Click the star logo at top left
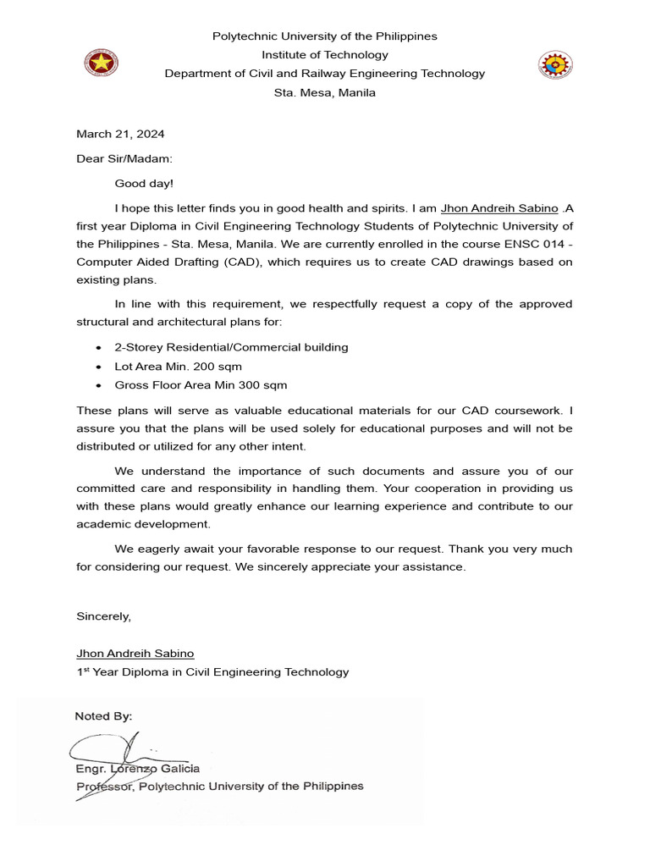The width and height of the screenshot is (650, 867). click(102, 64)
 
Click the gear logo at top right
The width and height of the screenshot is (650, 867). click(556, 64)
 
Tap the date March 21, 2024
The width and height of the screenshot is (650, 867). click(120, 134)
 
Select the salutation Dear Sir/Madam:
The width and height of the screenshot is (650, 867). click(124, 158)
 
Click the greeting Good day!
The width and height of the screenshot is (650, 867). click(143, 183)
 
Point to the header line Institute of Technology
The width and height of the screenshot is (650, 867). click(325, 55)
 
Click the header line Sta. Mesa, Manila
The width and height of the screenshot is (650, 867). click(325, 93)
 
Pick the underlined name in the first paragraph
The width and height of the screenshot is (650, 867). click(499, 208)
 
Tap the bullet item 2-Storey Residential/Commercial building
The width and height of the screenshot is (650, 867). click(231, 347)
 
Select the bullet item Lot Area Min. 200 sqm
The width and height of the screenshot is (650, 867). click(178, 367)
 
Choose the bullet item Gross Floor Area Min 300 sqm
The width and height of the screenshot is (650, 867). click(201, 385)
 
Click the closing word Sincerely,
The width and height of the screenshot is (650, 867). click(103, 616)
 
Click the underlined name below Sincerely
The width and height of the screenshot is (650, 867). click(135, 654)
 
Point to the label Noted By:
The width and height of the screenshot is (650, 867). click(103, 716)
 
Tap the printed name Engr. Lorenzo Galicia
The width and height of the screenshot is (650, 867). click(138, 769)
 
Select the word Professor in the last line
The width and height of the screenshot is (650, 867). click(103, 787)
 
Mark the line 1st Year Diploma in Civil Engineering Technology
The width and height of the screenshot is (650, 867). click(212, 672)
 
